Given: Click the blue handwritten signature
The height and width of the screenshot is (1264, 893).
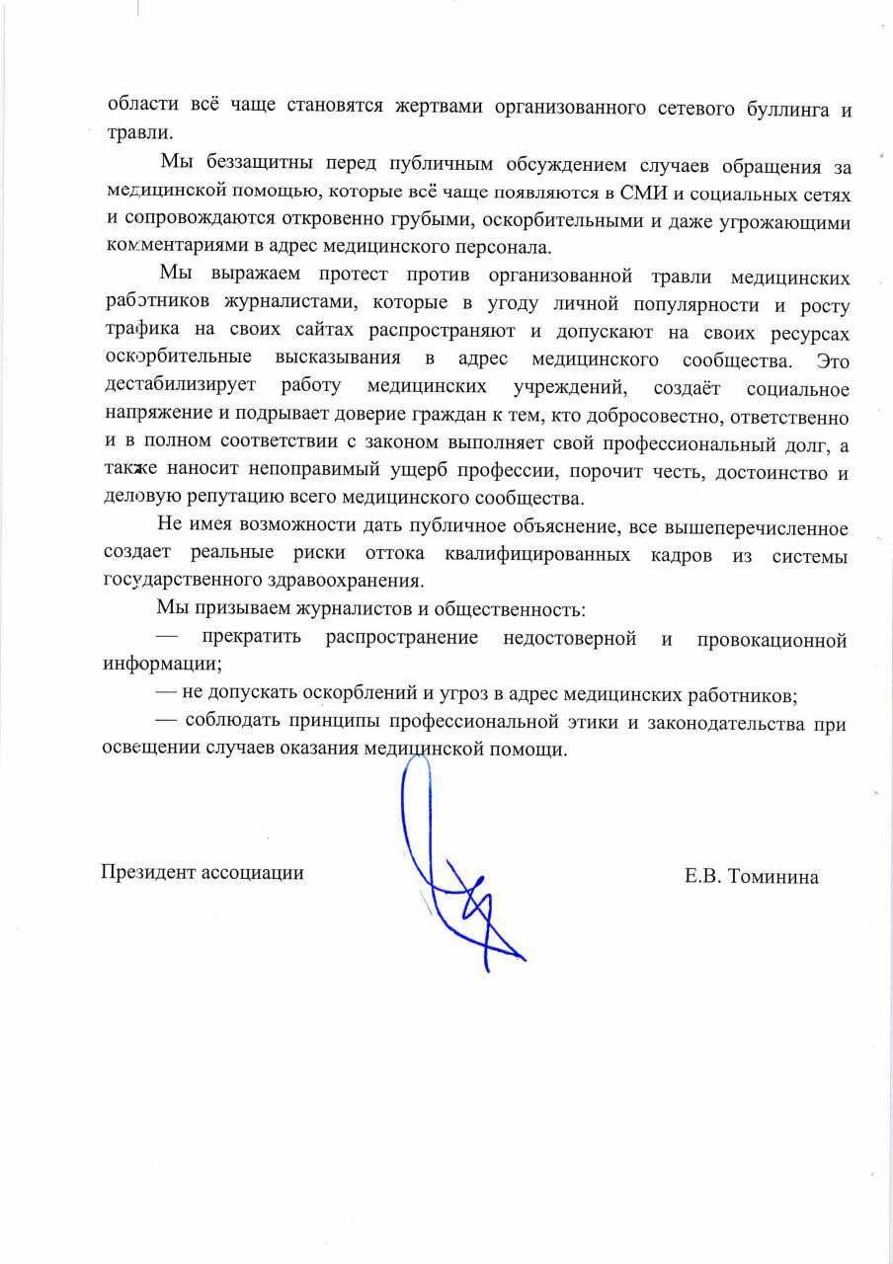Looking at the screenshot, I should tap(449, 869).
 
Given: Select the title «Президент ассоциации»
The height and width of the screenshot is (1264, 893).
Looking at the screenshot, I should tap(202, 873).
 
